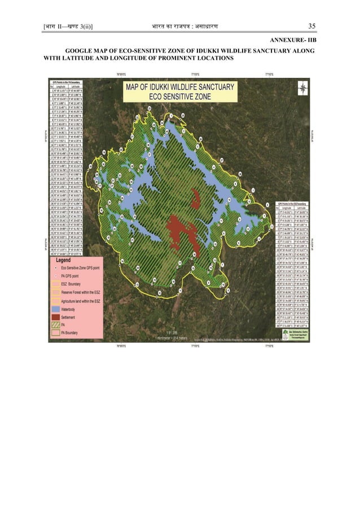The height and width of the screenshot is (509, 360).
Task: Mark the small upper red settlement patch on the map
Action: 195,199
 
